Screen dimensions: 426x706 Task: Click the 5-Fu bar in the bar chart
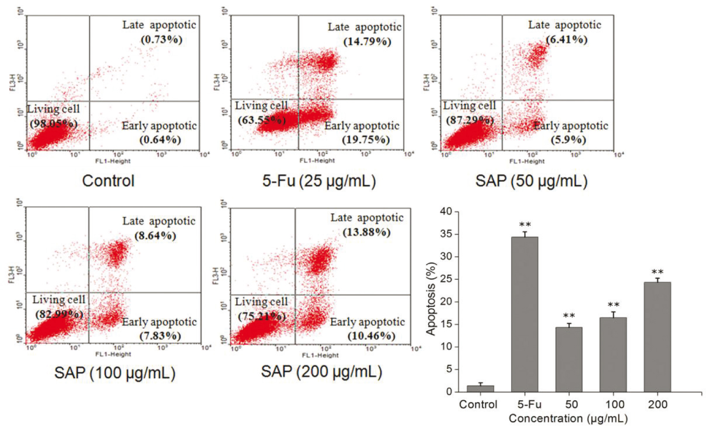pos(525,314)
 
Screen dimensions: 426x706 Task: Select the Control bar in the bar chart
pos(480,388)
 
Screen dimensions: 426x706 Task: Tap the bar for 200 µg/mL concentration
pos(657,337)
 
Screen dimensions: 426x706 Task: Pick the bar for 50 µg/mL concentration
pos(569,359)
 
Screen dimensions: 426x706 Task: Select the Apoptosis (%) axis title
pos(432,298)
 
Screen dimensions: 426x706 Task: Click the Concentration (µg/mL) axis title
pos(568,418)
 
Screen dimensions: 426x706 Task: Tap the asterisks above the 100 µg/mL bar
pos(613,305)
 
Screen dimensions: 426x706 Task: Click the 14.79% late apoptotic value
pos(367,42)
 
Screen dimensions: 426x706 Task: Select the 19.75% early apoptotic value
pos(366,140)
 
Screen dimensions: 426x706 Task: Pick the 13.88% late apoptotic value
pos(367,232)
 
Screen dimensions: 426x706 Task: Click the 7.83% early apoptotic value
pos(160,336)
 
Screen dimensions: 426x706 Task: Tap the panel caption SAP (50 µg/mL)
pos(531,181)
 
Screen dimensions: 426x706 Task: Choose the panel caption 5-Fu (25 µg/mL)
pos(319,181)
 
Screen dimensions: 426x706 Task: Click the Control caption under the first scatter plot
pos(108,181)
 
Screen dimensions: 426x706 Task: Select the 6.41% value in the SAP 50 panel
pos(567,40)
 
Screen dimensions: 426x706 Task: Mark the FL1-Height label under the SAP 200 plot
pos(320,355)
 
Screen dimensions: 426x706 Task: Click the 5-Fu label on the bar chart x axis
pos(529,405)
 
